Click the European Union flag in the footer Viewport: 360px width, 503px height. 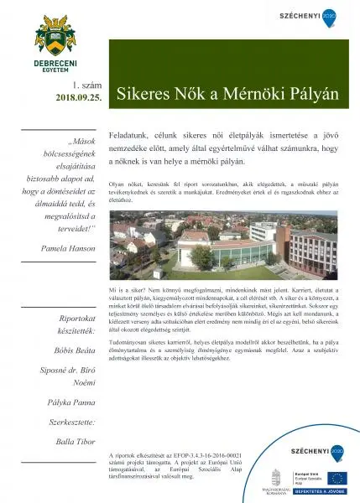336,479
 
